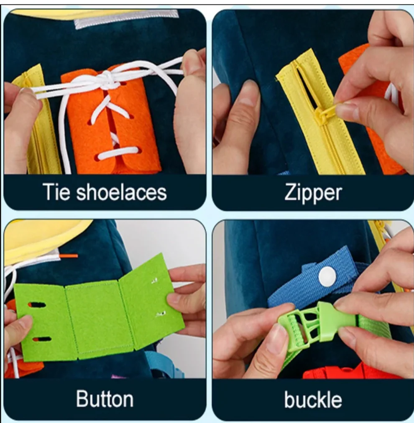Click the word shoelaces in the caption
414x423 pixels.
(x=122, y=192)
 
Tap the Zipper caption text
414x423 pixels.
(x=313, y=193)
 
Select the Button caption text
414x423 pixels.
(x=105, y=399)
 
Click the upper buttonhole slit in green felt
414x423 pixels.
(x=37, y=305)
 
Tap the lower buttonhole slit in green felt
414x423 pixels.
(x=42, y=339)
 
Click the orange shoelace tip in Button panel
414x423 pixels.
(x=69, y=255)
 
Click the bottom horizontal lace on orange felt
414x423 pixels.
(x=119, y=152)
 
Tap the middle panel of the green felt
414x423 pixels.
(x=99, y=320)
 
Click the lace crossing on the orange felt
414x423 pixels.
(x=107, y=107)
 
